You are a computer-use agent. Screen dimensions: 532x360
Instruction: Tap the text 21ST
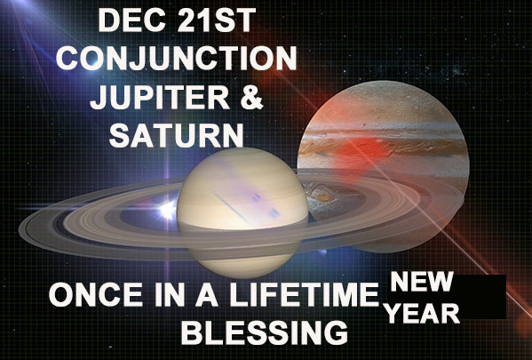216,20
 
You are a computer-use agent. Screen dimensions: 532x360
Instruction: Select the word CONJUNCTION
177,58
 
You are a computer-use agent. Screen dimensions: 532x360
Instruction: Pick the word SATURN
177,135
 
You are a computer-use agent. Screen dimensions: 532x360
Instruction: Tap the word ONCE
96,294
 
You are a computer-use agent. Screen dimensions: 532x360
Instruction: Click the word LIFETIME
304,294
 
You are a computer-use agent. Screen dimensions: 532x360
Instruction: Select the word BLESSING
265,332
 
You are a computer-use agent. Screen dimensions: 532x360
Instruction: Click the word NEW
422,282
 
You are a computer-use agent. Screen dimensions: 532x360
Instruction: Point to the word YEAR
423,313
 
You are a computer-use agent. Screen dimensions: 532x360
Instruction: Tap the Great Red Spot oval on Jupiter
322,196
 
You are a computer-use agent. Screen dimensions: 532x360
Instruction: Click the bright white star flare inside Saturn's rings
168,210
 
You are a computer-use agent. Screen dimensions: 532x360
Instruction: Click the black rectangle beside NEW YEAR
480,297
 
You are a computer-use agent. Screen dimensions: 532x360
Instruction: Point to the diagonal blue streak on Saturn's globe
234,206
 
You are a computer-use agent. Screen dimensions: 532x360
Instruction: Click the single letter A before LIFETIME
206,294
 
